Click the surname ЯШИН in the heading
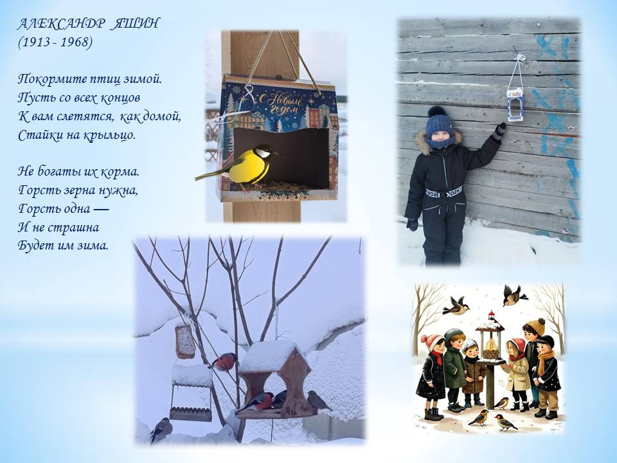pyautogui.click(x=134, y=24)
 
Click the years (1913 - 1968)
pyautogui.click(x=55, y=42)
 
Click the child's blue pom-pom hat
pyautogui.click(x=440, y=122)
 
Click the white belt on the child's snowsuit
pyautogui.click(x=443, y=193)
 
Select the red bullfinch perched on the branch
pyautogui.click(x=224, y=362)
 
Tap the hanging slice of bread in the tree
pyautogui.click(x=184, y=342)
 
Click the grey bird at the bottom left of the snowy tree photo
pyautogui.click(x=161, y=430)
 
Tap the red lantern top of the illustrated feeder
pyautogui.click(x=490, y=314)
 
